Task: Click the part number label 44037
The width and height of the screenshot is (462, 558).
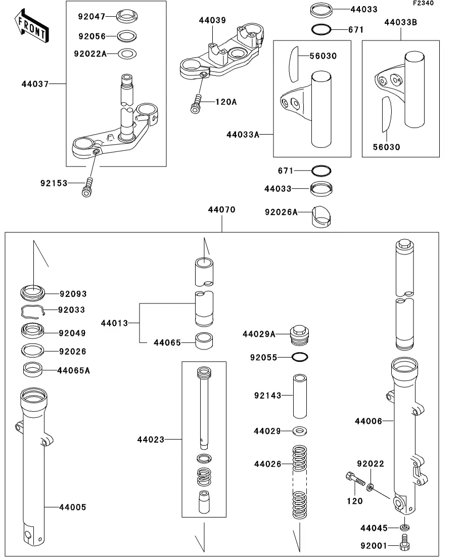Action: (35, 84)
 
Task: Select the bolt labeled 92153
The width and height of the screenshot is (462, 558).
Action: (87, 187)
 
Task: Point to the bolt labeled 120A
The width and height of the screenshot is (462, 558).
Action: (196, 103)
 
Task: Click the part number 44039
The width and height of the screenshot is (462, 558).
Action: (212, 21)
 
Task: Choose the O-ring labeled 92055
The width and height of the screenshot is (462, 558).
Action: (300, 357)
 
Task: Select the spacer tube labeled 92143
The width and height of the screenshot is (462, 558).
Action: (300, 396)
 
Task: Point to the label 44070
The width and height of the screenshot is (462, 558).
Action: (221, 209)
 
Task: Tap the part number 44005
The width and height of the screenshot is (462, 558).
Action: (73, 507)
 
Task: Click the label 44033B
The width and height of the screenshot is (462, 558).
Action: (401, 22)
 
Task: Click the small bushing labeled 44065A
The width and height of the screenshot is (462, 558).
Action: (33, 370)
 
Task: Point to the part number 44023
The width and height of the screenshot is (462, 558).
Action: (151, 440)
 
